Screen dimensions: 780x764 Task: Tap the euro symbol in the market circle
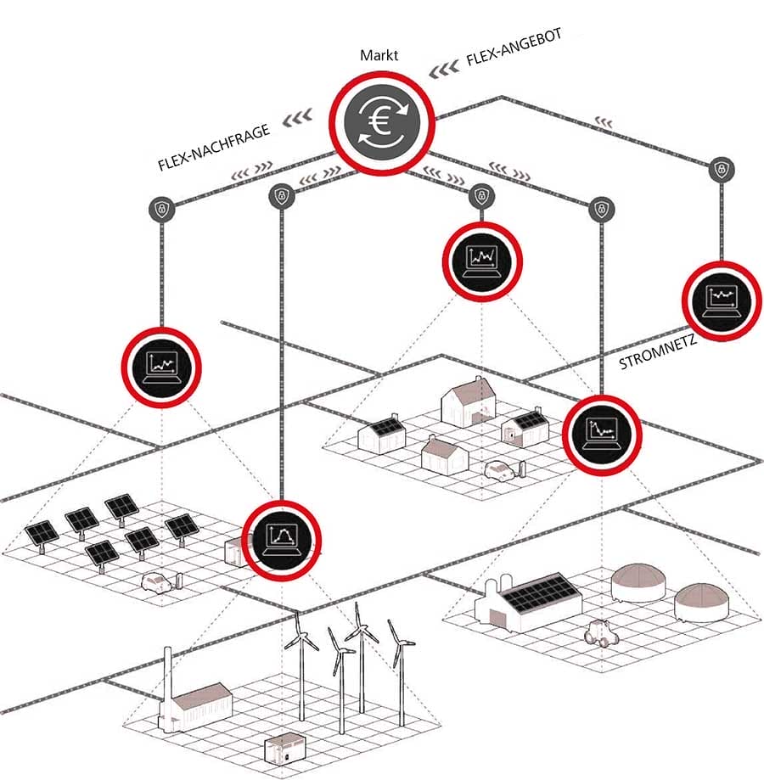[x=381, y=121]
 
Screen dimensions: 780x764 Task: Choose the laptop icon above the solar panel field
[x=161, y=367]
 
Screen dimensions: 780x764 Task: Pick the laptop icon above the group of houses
[x=481, y=257]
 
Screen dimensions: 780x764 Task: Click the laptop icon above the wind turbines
[x=284, y=540]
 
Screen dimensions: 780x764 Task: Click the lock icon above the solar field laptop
[x=161, y=207]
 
